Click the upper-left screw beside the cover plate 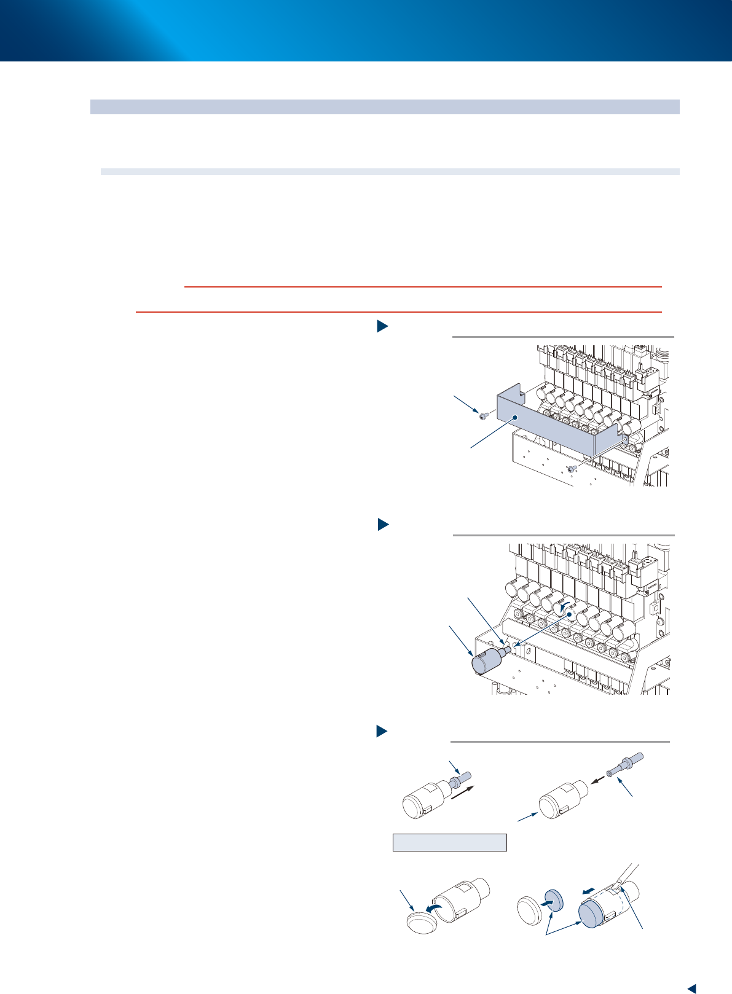point(483,416)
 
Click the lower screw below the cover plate point(572,469)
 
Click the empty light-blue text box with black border point(449,842)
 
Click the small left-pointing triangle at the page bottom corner point(691,988)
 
